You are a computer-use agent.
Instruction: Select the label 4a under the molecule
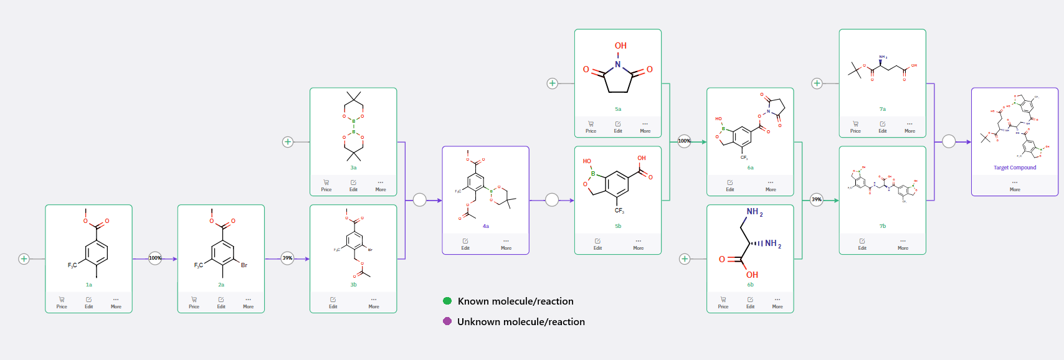click(x=486, y=226)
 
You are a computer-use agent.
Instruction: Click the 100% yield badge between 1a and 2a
click(x=155, y=258)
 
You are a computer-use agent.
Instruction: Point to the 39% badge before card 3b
click(x=287, y=258)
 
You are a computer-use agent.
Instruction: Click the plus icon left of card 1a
click(x=24, y=258)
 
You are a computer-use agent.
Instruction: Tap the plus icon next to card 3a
click(x=288, y=142)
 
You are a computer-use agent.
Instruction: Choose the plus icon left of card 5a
click(x=552, y=83)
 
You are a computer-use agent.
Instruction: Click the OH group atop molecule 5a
click(x=620, y=46)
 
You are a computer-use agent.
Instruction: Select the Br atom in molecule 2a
click(x=244, y=265)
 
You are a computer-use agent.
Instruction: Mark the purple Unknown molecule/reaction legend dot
click(x=447, y=321)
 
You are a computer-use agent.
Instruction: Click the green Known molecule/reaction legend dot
click(x=447, y=301)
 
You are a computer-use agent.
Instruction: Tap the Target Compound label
click(x=1015, y=168)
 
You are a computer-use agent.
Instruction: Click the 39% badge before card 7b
click(x=817, y=200)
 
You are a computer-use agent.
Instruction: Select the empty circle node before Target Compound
click(x=949, y=141)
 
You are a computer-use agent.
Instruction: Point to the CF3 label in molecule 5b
click(x=619, y=211)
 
